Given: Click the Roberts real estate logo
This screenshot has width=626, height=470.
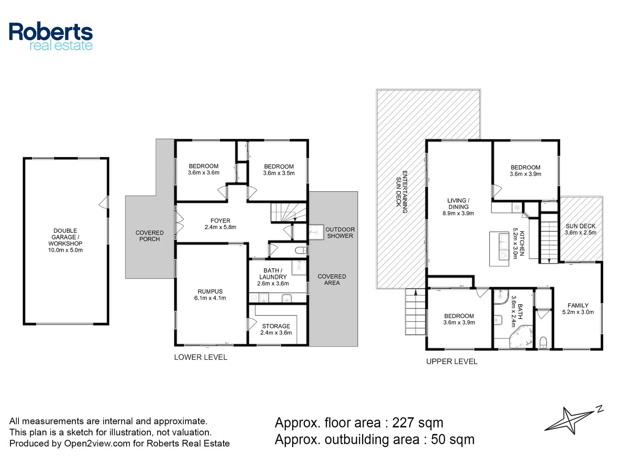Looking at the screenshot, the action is tap(51, 36).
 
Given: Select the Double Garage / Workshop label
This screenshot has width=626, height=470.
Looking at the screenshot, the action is tap(65, 237).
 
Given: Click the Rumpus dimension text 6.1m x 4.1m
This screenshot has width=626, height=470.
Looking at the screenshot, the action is tap(210, 298).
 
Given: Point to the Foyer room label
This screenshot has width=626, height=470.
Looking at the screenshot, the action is tap(220, 221).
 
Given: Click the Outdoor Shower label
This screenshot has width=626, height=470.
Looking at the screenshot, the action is tap(340, 232).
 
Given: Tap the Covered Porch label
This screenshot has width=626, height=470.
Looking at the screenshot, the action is tap(150, 236).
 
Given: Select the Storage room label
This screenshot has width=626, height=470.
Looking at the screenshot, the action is tap(276, 326).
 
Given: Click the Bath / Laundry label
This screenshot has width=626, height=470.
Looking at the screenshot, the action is tap(273, 274).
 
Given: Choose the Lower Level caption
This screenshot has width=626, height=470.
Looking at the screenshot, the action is tap(201, 357).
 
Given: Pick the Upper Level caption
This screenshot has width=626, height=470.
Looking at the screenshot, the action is tap(452, 362).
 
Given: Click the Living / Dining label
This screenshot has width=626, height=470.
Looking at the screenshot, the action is tap(458, 204).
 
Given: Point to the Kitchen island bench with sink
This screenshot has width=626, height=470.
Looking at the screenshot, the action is tap(499, 249).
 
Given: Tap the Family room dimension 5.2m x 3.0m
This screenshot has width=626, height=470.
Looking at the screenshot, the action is tap(578, 312).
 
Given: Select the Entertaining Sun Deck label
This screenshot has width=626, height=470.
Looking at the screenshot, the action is tap(402, 192).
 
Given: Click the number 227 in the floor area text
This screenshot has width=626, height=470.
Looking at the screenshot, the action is tap(403, 423).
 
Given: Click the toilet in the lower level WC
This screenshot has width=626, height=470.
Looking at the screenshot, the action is tap(301, 250).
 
